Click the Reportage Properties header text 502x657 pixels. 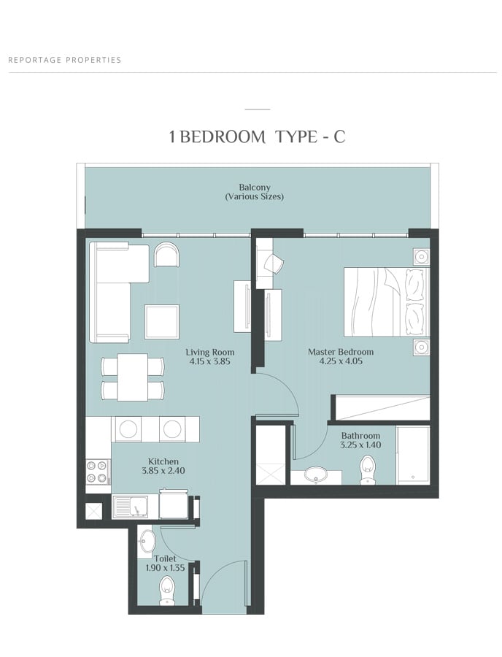pos(65,60)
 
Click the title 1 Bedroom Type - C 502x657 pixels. pos(257,137)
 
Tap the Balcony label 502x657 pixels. pos(255,188)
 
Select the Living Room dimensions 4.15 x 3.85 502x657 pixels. pos(209,361)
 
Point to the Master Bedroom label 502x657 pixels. pos(341,352)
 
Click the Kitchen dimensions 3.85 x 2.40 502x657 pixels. pos(163,471)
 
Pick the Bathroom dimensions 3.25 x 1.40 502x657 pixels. pos(360,445)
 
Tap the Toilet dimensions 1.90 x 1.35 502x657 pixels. pos(165,568)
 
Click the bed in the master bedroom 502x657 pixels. pos(387,301)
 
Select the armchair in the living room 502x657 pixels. pos(167,255)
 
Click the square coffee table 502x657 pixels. pos(162,322)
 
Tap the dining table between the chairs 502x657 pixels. pos(132,377)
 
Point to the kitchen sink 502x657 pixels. pos(130,507)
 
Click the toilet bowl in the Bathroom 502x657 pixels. pos(367,470)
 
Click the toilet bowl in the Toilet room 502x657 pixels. pos(166,591)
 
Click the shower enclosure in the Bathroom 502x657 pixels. pos(413,456)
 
